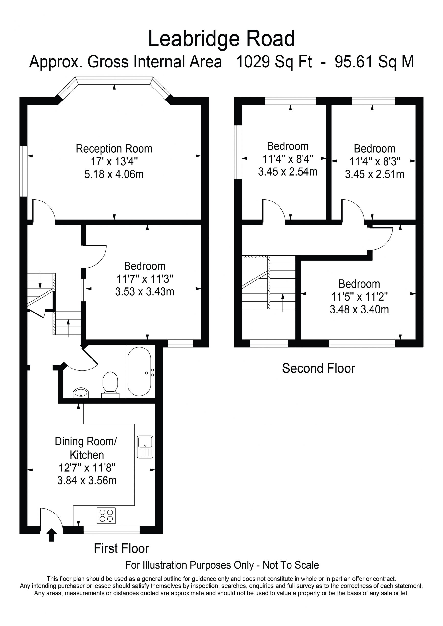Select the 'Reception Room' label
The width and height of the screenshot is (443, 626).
click(x=114, y=149)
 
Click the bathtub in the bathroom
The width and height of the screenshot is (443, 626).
click(x=139, y=371)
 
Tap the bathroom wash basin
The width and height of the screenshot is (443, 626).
click(x=81, y=393)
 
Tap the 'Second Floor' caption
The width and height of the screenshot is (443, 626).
click(x=318, y=368)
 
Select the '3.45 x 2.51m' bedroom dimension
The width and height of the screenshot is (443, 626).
click(x=374, y=174)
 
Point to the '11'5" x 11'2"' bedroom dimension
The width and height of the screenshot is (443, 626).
click(x=360, y=297)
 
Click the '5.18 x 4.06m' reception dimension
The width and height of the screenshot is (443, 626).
click(x=114, y=174)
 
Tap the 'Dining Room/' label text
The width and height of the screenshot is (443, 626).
click(x=86, y=441)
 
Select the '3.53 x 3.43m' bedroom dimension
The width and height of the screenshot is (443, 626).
click(x=145, y=291)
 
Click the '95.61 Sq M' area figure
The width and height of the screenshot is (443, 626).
click(x=374, y=62)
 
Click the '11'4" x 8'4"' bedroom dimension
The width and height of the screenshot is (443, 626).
click(x=288, y=159)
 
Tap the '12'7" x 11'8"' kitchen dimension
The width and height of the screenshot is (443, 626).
click(x=87, y=468)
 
